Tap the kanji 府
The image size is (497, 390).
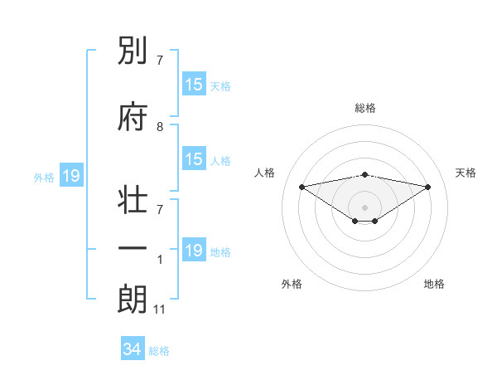coord(133,118)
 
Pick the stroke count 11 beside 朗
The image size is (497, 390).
coord(160,310)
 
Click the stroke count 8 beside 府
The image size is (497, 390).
coord(160,127)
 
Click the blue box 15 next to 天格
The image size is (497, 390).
coord(194,85)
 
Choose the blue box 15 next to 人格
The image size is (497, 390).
coord(194,160)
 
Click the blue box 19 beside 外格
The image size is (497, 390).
coord(70,176)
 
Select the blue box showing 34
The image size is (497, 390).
coord(133,349)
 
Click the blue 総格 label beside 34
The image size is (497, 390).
coord(159,351)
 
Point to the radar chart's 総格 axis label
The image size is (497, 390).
coord(364,108)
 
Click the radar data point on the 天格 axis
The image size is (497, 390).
coord(428,187)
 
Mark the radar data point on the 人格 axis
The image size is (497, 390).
coord(302,186)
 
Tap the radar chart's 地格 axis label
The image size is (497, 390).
coord(434,284)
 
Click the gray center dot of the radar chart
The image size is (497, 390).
coord(364,206)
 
